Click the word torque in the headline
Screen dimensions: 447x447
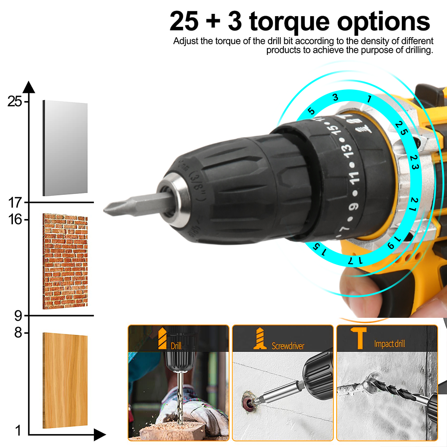(x=289, y=21)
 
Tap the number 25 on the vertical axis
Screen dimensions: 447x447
(x=15, y=101)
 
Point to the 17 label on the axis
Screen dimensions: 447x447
(x=15, y=202)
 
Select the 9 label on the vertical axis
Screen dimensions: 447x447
(x=18, y=316)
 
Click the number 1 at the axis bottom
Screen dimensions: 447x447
(x=18, y=430)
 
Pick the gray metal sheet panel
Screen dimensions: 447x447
(x=65, y=148)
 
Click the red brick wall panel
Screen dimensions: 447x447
(x=65, y=261)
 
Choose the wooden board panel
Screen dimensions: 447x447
(x=65, y=380)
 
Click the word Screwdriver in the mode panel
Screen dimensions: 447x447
(x=288, y=346)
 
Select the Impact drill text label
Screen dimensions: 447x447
(x=389, y=344)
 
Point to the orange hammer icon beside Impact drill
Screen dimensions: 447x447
(x=359, y=338)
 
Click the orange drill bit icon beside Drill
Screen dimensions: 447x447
(x=162, y=338)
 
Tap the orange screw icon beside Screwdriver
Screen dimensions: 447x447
(x=260, y=338)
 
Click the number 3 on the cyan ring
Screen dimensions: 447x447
(x=336, y=97)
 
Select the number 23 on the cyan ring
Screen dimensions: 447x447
(x=414, y=162)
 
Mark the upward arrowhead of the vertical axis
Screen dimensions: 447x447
(x=29, y=87)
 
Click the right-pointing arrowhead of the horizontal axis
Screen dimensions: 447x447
(x=100, y=435)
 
